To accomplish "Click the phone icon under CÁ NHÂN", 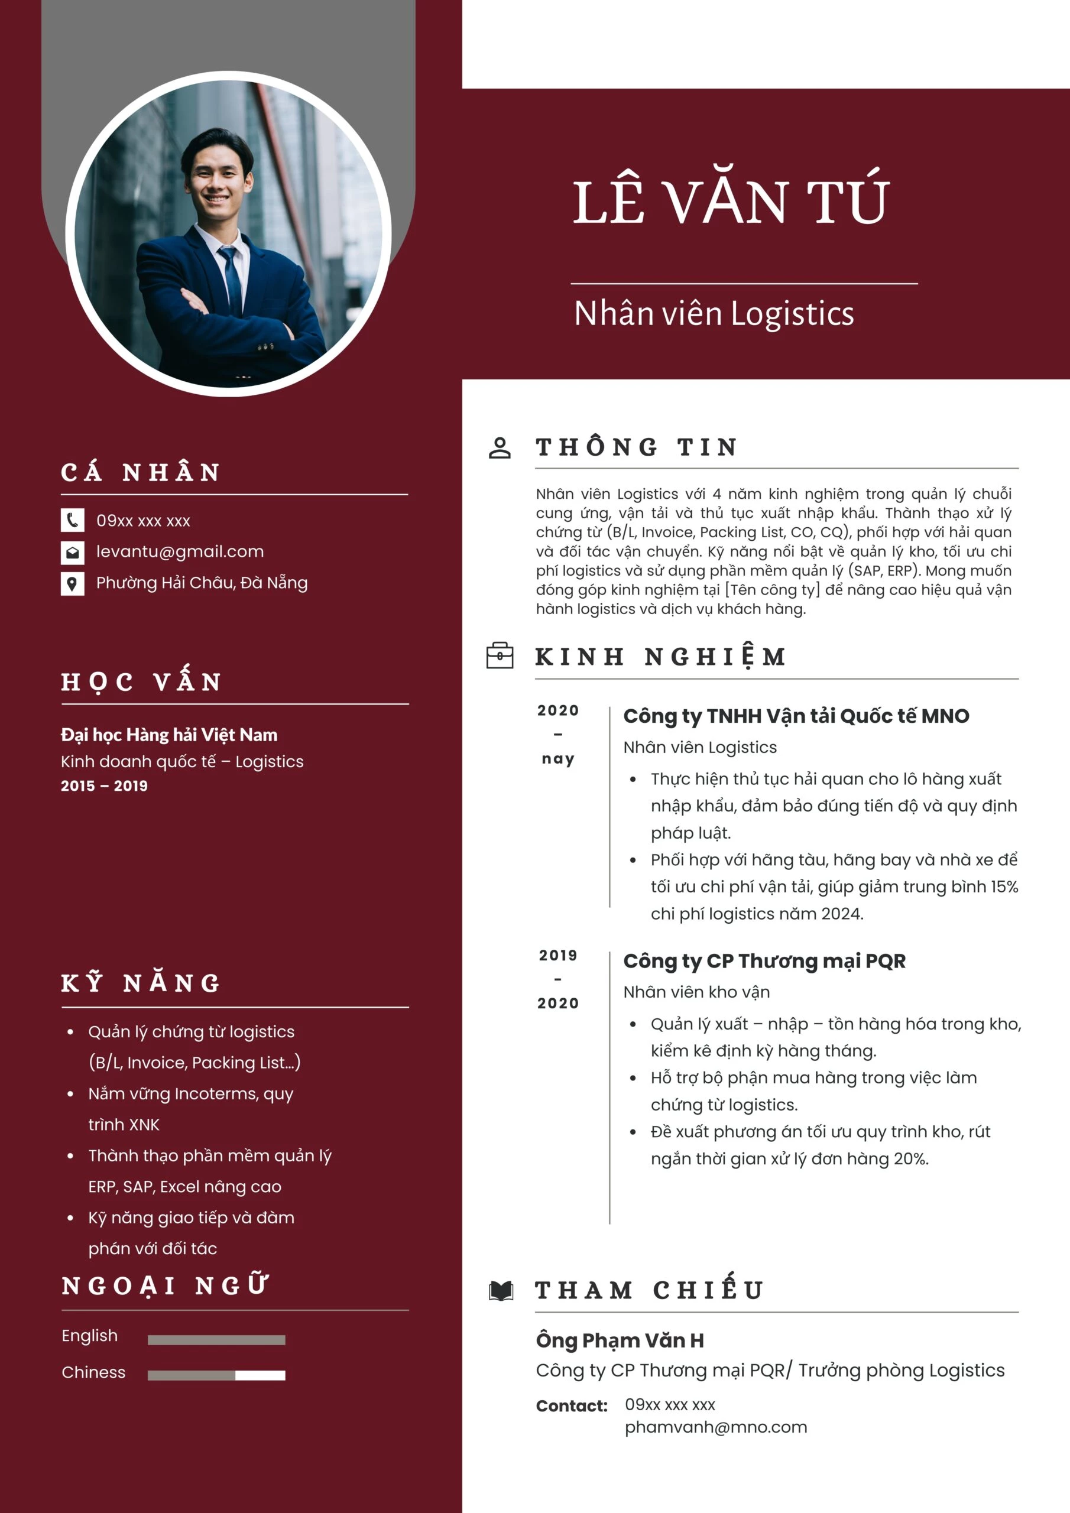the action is click(x=73, y=520).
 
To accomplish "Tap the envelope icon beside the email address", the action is click(x=73, y=551).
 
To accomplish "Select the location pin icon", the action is click(x=73, y=583).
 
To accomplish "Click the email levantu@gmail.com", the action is click(x=180, y=551).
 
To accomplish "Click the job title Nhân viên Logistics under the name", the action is click(x=714, y=314).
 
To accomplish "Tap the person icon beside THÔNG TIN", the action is click(x=500, y=447).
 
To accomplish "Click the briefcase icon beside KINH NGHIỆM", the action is click(x=500, y=655).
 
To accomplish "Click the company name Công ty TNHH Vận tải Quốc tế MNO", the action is click(x=796, y=716).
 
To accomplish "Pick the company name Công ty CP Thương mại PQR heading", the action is click(x=764, y=961).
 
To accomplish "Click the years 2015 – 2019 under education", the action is click(x=104, y=785).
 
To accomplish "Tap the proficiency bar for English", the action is click(x=216, y=1340).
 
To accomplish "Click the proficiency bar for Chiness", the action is click(x=216, y=1375).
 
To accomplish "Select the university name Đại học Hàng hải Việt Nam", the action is click(x=168, y=735).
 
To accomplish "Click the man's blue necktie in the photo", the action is click(x=231, y=277).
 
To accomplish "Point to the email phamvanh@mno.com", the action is click(x=715, y=1427).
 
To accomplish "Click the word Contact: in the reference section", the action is click(x=572, y=1405).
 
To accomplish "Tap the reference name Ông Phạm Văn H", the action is click(x=620, y=1340).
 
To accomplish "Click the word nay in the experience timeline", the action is click(x=557, y=758).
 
